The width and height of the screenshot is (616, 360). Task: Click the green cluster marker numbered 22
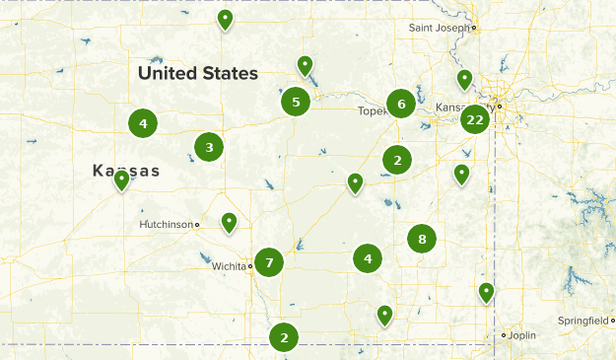tap(475, 119)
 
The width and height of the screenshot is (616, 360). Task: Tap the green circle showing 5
tap(296, 101)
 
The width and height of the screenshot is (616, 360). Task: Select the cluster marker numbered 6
tap(400, 103)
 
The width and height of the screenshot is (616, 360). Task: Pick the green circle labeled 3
tap(208, 148)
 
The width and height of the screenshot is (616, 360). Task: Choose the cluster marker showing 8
tap(422, 238)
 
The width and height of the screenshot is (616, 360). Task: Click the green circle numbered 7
tap(268, 261)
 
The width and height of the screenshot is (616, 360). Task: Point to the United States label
tap(198, 73)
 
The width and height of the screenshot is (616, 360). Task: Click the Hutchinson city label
tap(166, 225)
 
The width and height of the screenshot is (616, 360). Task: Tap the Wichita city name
tap(229, 266)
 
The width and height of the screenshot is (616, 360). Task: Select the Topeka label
tap(373, 110)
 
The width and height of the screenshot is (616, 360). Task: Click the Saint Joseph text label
tap(439, 28)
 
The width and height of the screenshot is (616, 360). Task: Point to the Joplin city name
tap(523, 335)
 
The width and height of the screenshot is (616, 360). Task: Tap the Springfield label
tap(582, 322)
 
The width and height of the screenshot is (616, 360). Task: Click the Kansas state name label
tap(126, 171)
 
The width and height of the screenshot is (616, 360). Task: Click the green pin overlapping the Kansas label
tap(121, 180)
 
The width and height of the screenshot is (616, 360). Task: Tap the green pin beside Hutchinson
tap(229, 223)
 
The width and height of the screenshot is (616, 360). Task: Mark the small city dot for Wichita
tap(250, 266)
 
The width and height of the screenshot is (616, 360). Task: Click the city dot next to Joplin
tap(504, 335)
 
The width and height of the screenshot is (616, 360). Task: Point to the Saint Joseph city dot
tap(474, 28)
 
